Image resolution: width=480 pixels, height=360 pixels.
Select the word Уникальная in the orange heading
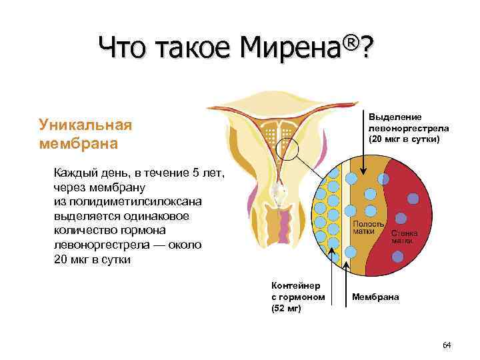tap(86, 125)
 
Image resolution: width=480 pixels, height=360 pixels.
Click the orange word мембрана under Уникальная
tap(78, 143)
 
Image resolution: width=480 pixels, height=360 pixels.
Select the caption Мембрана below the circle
tap(375, 297)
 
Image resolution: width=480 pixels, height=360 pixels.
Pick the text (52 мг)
tap(286, 308)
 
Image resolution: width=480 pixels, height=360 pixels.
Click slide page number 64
tap(447, 345)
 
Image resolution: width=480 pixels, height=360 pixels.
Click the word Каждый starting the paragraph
tap(75, 173)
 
